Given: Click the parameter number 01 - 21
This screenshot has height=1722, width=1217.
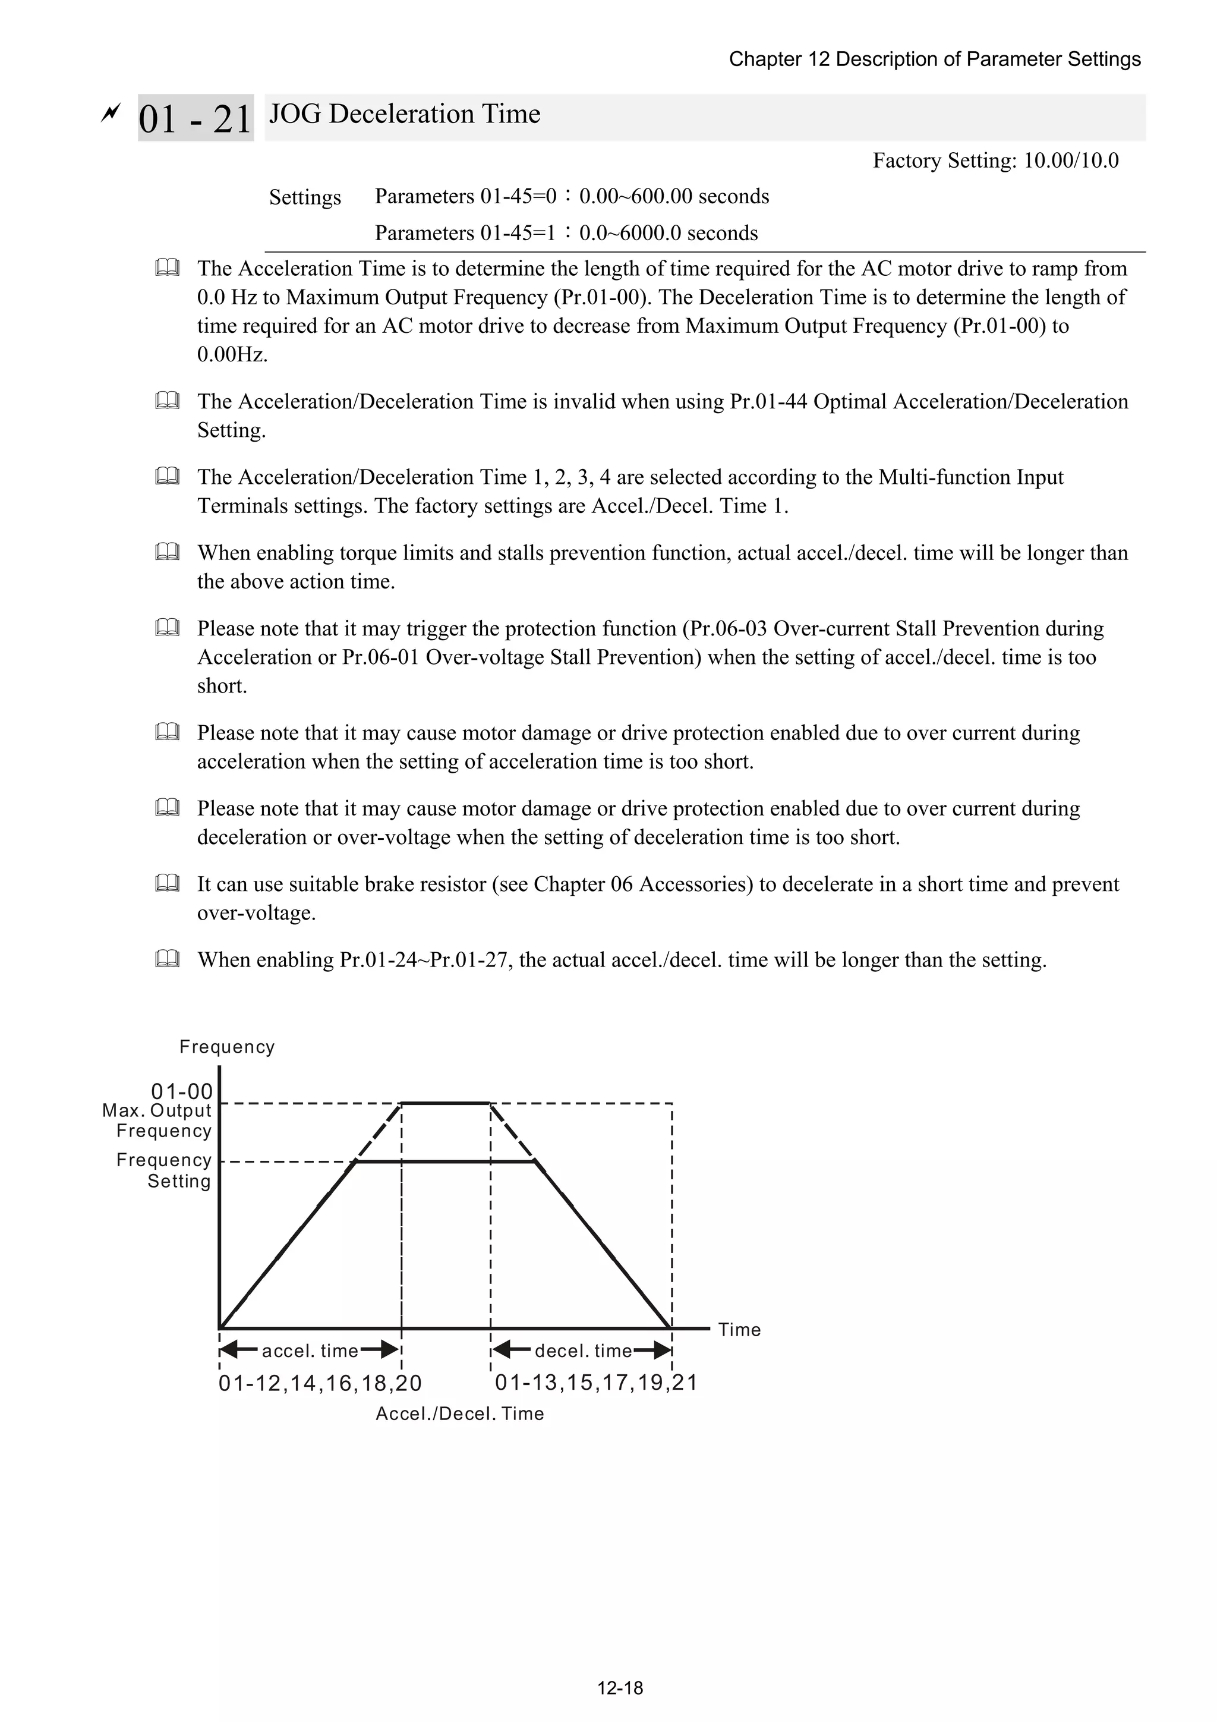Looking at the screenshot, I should pos(195,118).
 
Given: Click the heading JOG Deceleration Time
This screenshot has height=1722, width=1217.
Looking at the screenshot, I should pos(404,114).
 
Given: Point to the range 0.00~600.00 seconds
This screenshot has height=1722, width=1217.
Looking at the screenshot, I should pos(673,197).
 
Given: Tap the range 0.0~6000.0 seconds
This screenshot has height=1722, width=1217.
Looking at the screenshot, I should pos(668,233).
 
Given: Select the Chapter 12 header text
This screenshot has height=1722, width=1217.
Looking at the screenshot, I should pos(934,59).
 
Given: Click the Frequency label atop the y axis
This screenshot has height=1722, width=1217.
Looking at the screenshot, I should pos(226,1047).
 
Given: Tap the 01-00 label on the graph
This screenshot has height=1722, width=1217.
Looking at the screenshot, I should pos(181,1091).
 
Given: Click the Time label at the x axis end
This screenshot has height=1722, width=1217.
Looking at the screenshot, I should pos(739,1330).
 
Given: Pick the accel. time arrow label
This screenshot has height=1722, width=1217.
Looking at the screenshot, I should pos(310,1350).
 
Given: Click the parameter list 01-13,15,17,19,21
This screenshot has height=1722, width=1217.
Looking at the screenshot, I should pos(596,1382).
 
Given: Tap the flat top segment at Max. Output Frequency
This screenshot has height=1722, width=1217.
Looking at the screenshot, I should pos(446,1103).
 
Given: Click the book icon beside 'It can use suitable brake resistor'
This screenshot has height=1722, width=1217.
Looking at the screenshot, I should pos(167,883).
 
